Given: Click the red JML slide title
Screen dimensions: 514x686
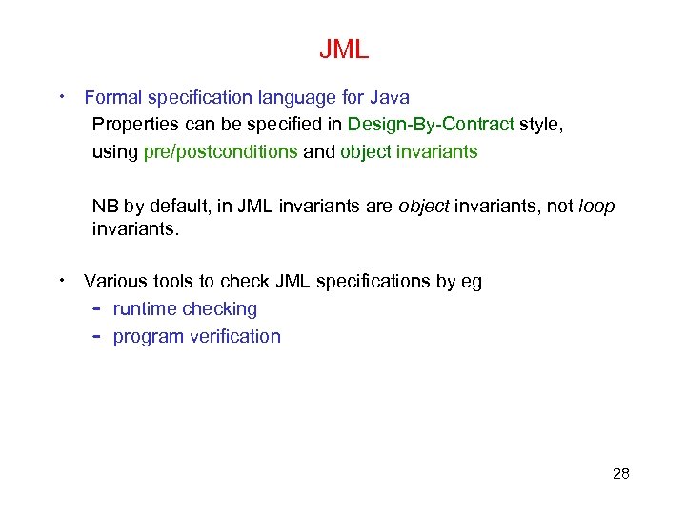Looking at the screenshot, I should pyautogui.click(x=343, y=49).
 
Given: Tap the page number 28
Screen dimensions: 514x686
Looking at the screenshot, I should pyautogui.click(x=620, y=473).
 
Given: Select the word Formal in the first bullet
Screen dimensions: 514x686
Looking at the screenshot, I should pyautogui.click(x=111, y=97).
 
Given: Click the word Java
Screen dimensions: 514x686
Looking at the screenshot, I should pyautogui.click(x=391, y=97).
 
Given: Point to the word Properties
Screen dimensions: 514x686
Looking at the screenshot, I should pyautogui.click(x=133, y=125).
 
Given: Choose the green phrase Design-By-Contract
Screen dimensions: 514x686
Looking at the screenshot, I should pyautogui.click(x=431, y=125).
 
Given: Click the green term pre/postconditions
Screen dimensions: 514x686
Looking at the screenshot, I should pyautogui.click(x=220, y=152).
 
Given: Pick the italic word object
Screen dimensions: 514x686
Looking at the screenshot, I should pyautogui.click(x=424, y=207).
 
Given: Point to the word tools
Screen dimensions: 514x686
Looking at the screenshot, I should pyautogui.click(x=170, y=281).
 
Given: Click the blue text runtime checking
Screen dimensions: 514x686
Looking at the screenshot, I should pyautogui.click(x=185, y=308).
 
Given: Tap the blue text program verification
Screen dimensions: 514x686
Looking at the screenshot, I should pyautogui.click(x=196, y=336).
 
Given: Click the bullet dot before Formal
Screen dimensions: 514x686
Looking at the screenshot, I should pyautogui.click(x=62, y=96).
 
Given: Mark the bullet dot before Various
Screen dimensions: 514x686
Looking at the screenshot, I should pyautogui.click(x=62, y=280).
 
